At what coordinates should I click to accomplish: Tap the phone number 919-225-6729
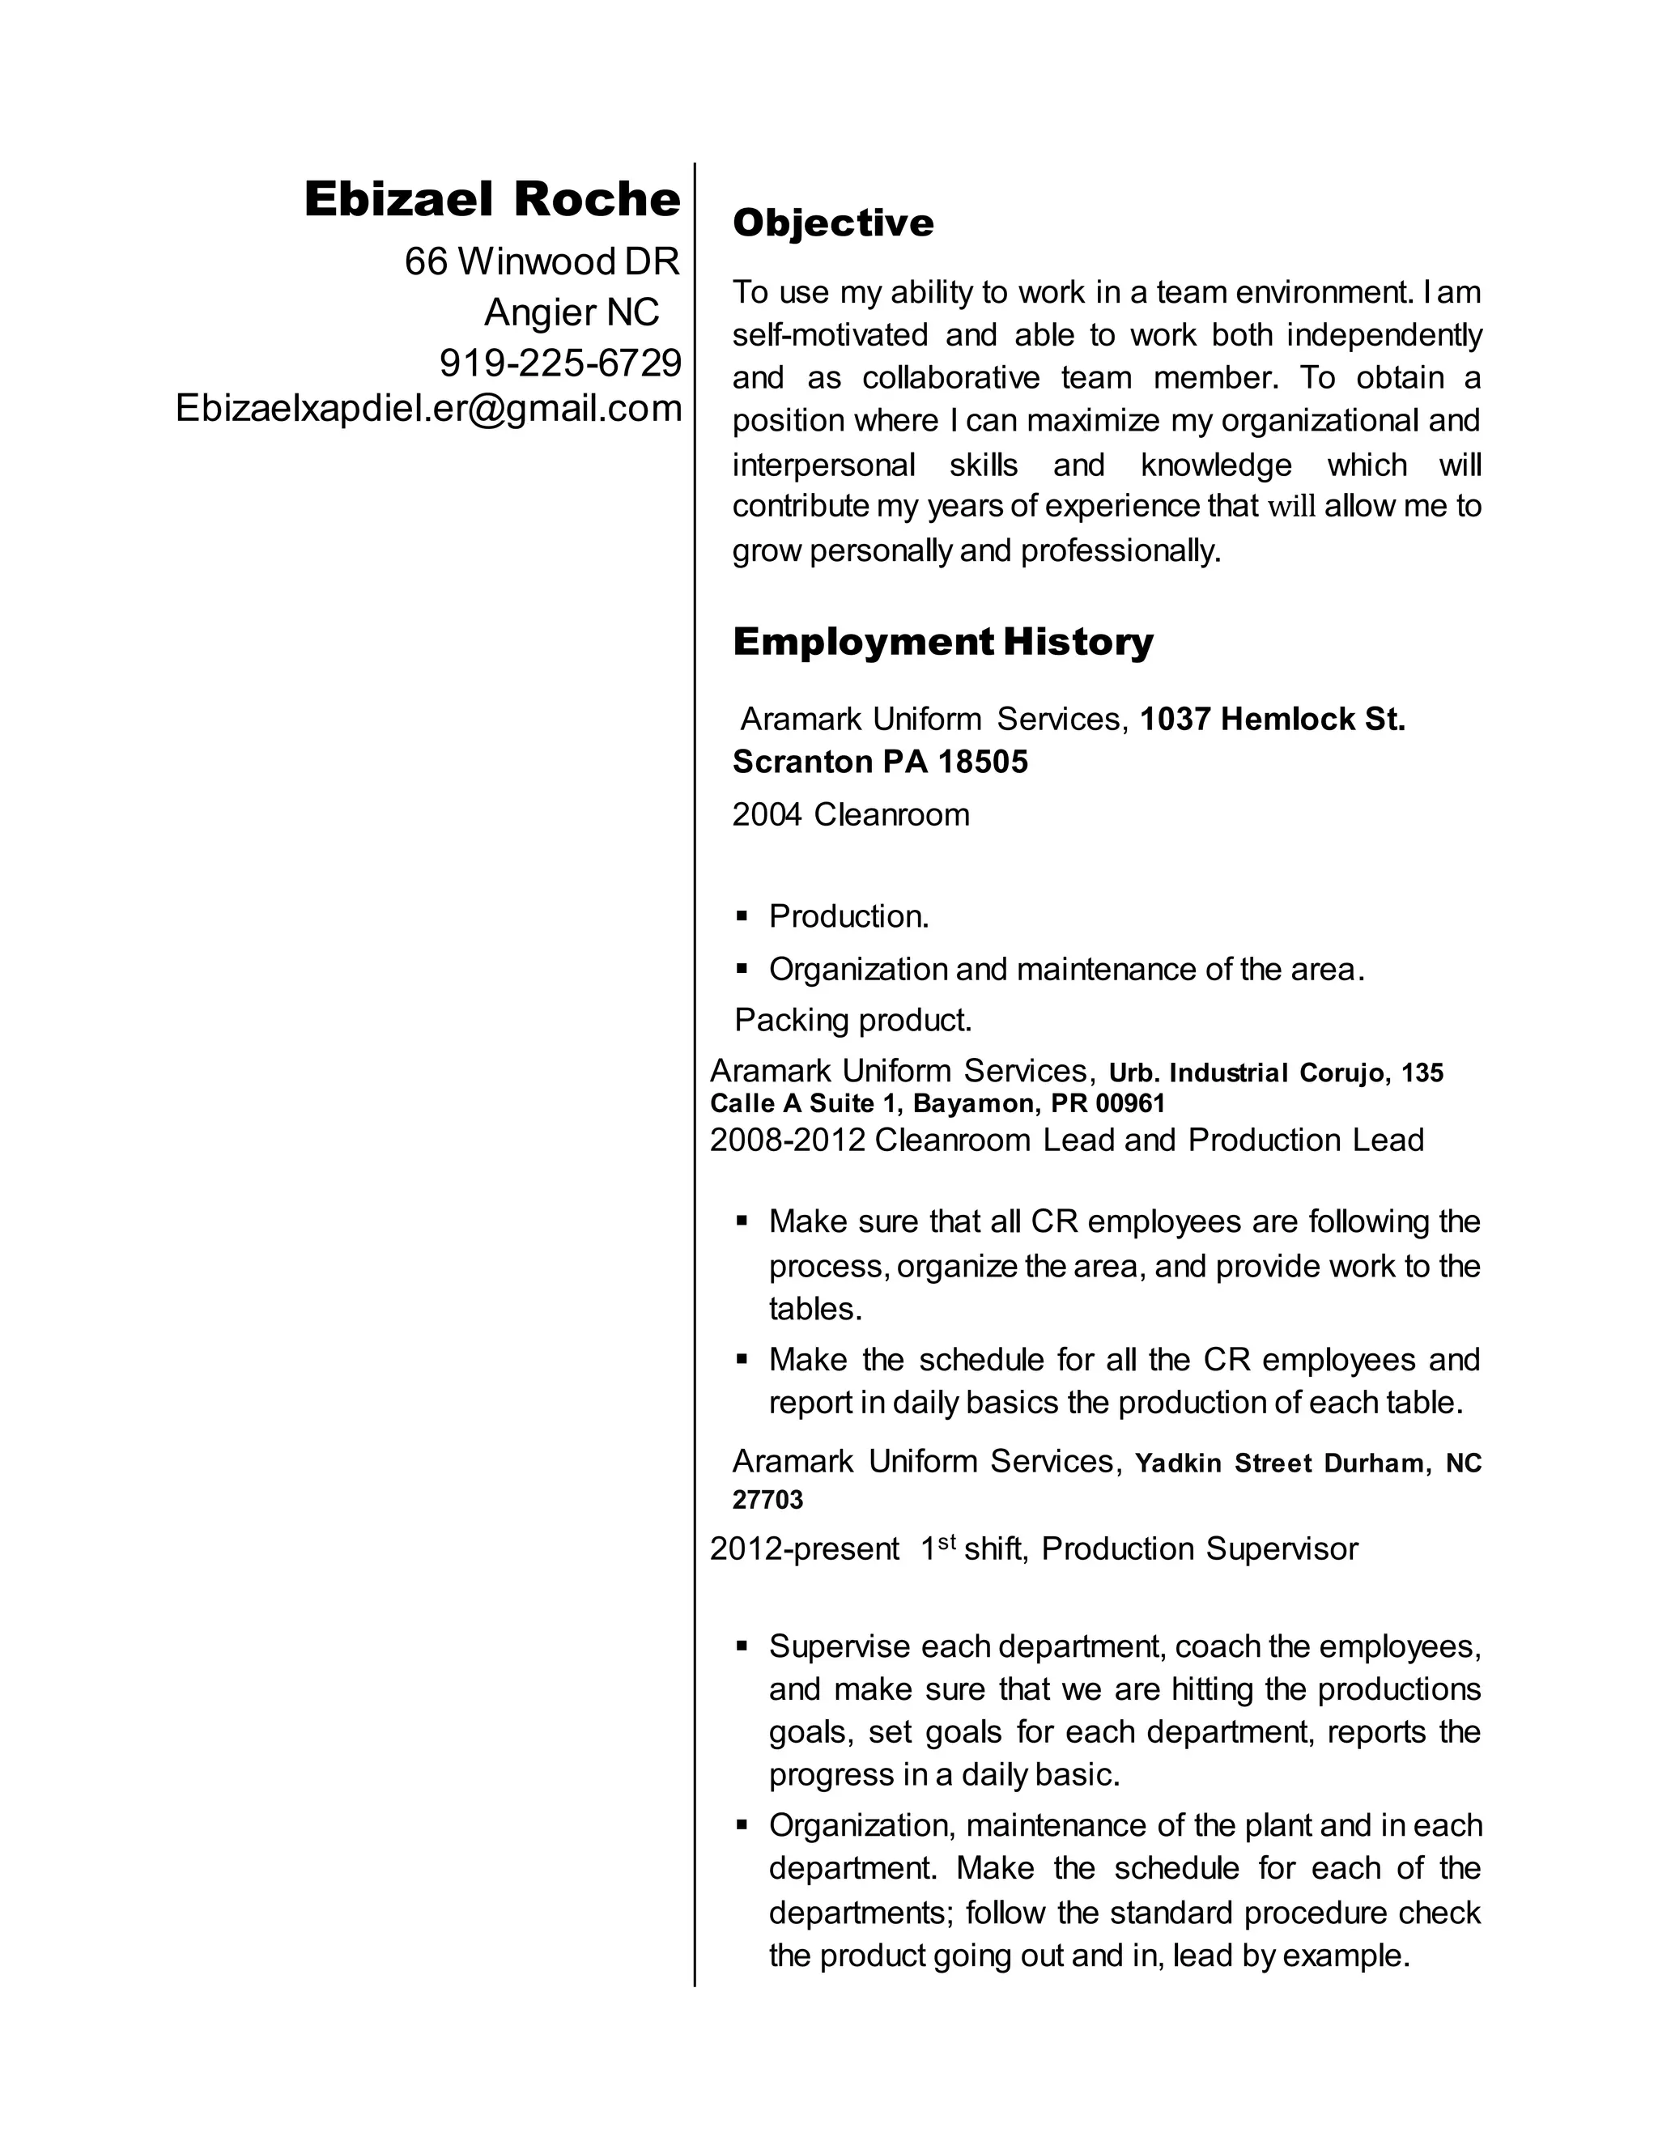[560, 363]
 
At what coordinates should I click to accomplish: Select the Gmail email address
[428, 408]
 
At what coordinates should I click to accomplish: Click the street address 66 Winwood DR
[542, 261]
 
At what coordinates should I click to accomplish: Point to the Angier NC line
[572, 312]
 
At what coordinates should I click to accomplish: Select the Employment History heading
[943, 643]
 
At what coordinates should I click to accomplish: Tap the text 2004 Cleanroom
[851, 815]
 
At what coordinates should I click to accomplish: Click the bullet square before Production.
[742, 916]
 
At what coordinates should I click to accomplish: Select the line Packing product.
[852, 1021]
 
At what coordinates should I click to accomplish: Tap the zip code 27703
[767, 1500]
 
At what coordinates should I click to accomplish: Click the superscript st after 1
[946, 1542]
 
